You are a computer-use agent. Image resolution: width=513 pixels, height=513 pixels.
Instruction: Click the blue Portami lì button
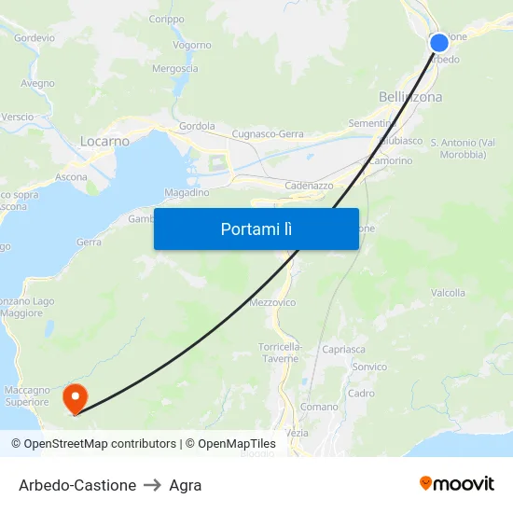pyautogui.click(x=256, y=229)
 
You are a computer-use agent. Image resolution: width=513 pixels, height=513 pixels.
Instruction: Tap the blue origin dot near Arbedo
pyautogui.click(x=439, y=43)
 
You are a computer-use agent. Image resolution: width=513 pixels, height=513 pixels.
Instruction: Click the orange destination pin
pyautogui.click(x=75, y=398)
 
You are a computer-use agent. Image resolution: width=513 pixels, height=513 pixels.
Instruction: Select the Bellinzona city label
pyautogui.click(x=410, y=97)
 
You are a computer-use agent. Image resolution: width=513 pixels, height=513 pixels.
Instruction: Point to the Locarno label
pyautogui.click(x=104, y=141)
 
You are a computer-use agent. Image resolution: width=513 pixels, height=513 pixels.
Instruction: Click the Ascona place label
pyautogui.click(x=72, y=176)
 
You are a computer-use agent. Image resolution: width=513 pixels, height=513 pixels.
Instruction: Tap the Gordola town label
pyautogui.click(x=197, y=126)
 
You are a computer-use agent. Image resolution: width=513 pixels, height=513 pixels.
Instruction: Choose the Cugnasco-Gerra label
pyautogui.click(x=267, y=133)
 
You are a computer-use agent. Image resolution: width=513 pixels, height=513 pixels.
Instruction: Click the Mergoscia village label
pyautogui.click(x=174, y=68)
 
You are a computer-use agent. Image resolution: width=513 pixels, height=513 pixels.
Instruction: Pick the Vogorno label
pyautogui.click(x=191, y=45)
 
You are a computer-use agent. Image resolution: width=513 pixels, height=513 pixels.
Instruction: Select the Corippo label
pyautogui.click(x=166, y=19)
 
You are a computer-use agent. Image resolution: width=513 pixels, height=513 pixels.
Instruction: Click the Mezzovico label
pyautogui.click(x=272, y=302)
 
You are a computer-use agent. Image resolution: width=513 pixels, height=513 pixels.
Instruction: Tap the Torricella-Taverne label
pyautogui.click(x=280, y=352)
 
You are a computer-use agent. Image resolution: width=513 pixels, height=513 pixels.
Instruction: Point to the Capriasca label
pyautogui.click(x=343, y=350)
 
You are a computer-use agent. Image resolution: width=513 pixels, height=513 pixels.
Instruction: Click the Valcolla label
pyautogui.click(x=448, y=293)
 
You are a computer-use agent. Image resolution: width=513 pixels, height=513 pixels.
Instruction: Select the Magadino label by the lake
pyautogui.click(x=187, y=192)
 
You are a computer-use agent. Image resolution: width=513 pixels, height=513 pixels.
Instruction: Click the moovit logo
pyautogui.click(x=456, y=483)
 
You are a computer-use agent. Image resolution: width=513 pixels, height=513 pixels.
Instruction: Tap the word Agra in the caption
pyautogui.click(x=186, y=485)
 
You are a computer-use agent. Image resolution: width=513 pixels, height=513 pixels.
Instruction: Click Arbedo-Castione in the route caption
pyautogui.click(x=77, y=485)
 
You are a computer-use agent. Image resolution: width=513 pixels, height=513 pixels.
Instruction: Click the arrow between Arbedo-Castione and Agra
pyautogui.click(x=153, y=485)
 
